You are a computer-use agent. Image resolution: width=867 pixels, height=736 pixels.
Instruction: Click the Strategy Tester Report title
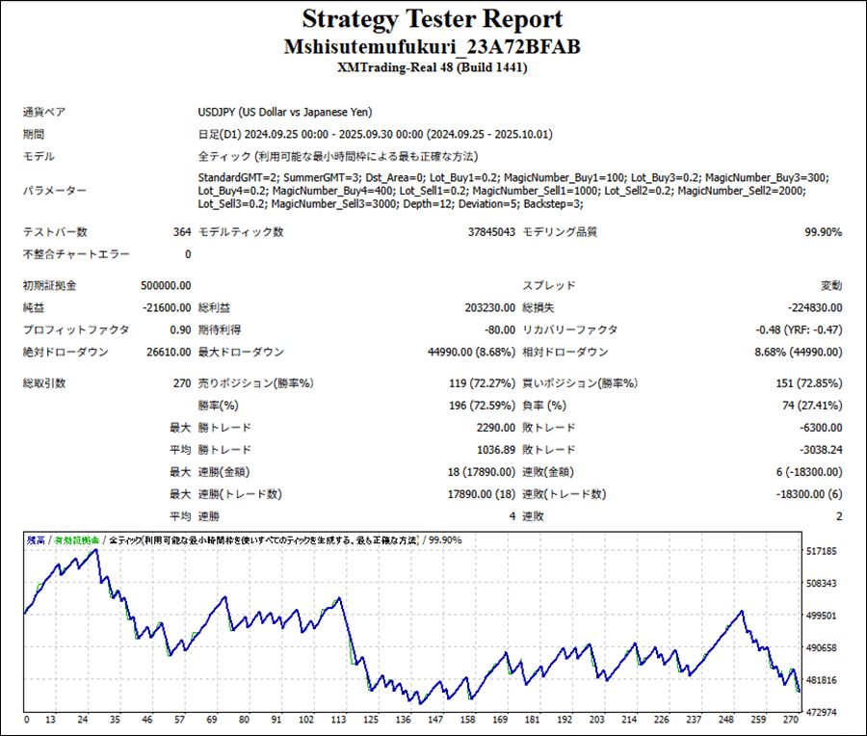click(x=432, y=19)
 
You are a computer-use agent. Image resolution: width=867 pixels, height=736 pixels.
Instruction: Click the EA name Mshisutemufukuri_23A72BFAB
click(x=432, y=47)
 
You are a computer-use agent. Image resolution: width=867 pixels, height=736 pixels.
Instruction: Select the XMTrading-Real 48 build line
click(x=432, y=68)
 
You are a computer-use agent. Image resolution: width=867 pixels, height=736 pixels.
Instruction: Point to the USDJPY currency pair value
click(x=285, y=112)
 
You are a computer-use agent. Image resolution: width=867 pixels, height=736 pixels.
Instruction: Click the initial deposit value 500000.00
click(x=166, y=286)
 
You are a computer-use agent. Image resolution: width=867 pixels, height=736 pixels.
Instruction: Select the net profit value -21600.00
click(x=166, y=308)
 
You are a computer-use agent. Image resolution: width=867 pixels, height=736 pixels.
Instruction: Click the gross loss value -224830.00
click(x=814, y=308)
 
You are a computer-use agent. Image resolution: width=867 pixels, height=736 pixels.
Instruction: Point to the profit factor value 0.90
click(x=180, y=330)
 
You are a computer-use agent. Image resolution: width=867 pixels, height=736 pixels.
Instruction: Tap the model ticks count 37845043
click(x=491, y=232)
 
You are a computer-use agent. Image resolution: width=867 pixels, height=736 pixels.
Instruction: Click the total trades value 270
click(x=181, y=383)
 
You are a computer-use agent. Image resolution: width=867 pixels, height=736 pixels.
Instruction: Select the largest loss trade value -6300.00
click(x=820, y=428)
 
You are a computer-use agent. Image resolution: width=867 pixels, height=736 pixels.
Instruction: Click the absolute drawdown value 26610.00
click(x=169, y=353)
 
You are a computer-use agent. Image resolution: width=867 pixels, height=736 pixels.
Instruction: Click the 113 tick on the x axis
click(x=338, y=720)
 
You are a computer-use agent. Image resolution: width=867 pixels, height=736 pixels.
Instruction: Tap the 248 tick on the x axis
click(x=723, y=720)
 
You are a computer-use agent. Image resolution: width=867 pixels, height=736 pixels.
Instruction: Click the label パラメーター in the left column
click(x=54, y=191)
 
